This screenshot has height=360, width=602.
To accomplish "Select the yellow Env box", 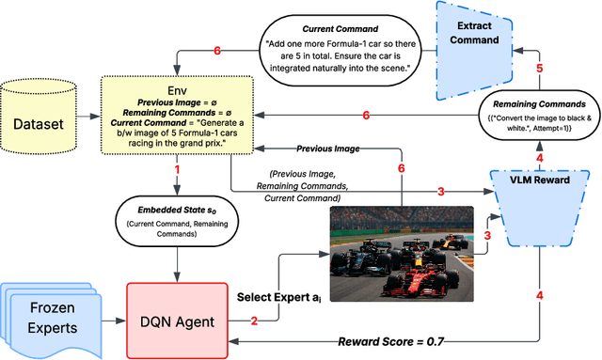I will [175, 118].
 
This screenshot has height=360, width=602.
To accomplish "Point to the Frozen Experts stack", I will [47, 317].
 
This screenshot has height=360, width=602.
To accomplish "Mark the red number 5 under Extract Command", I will [539, 69].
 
